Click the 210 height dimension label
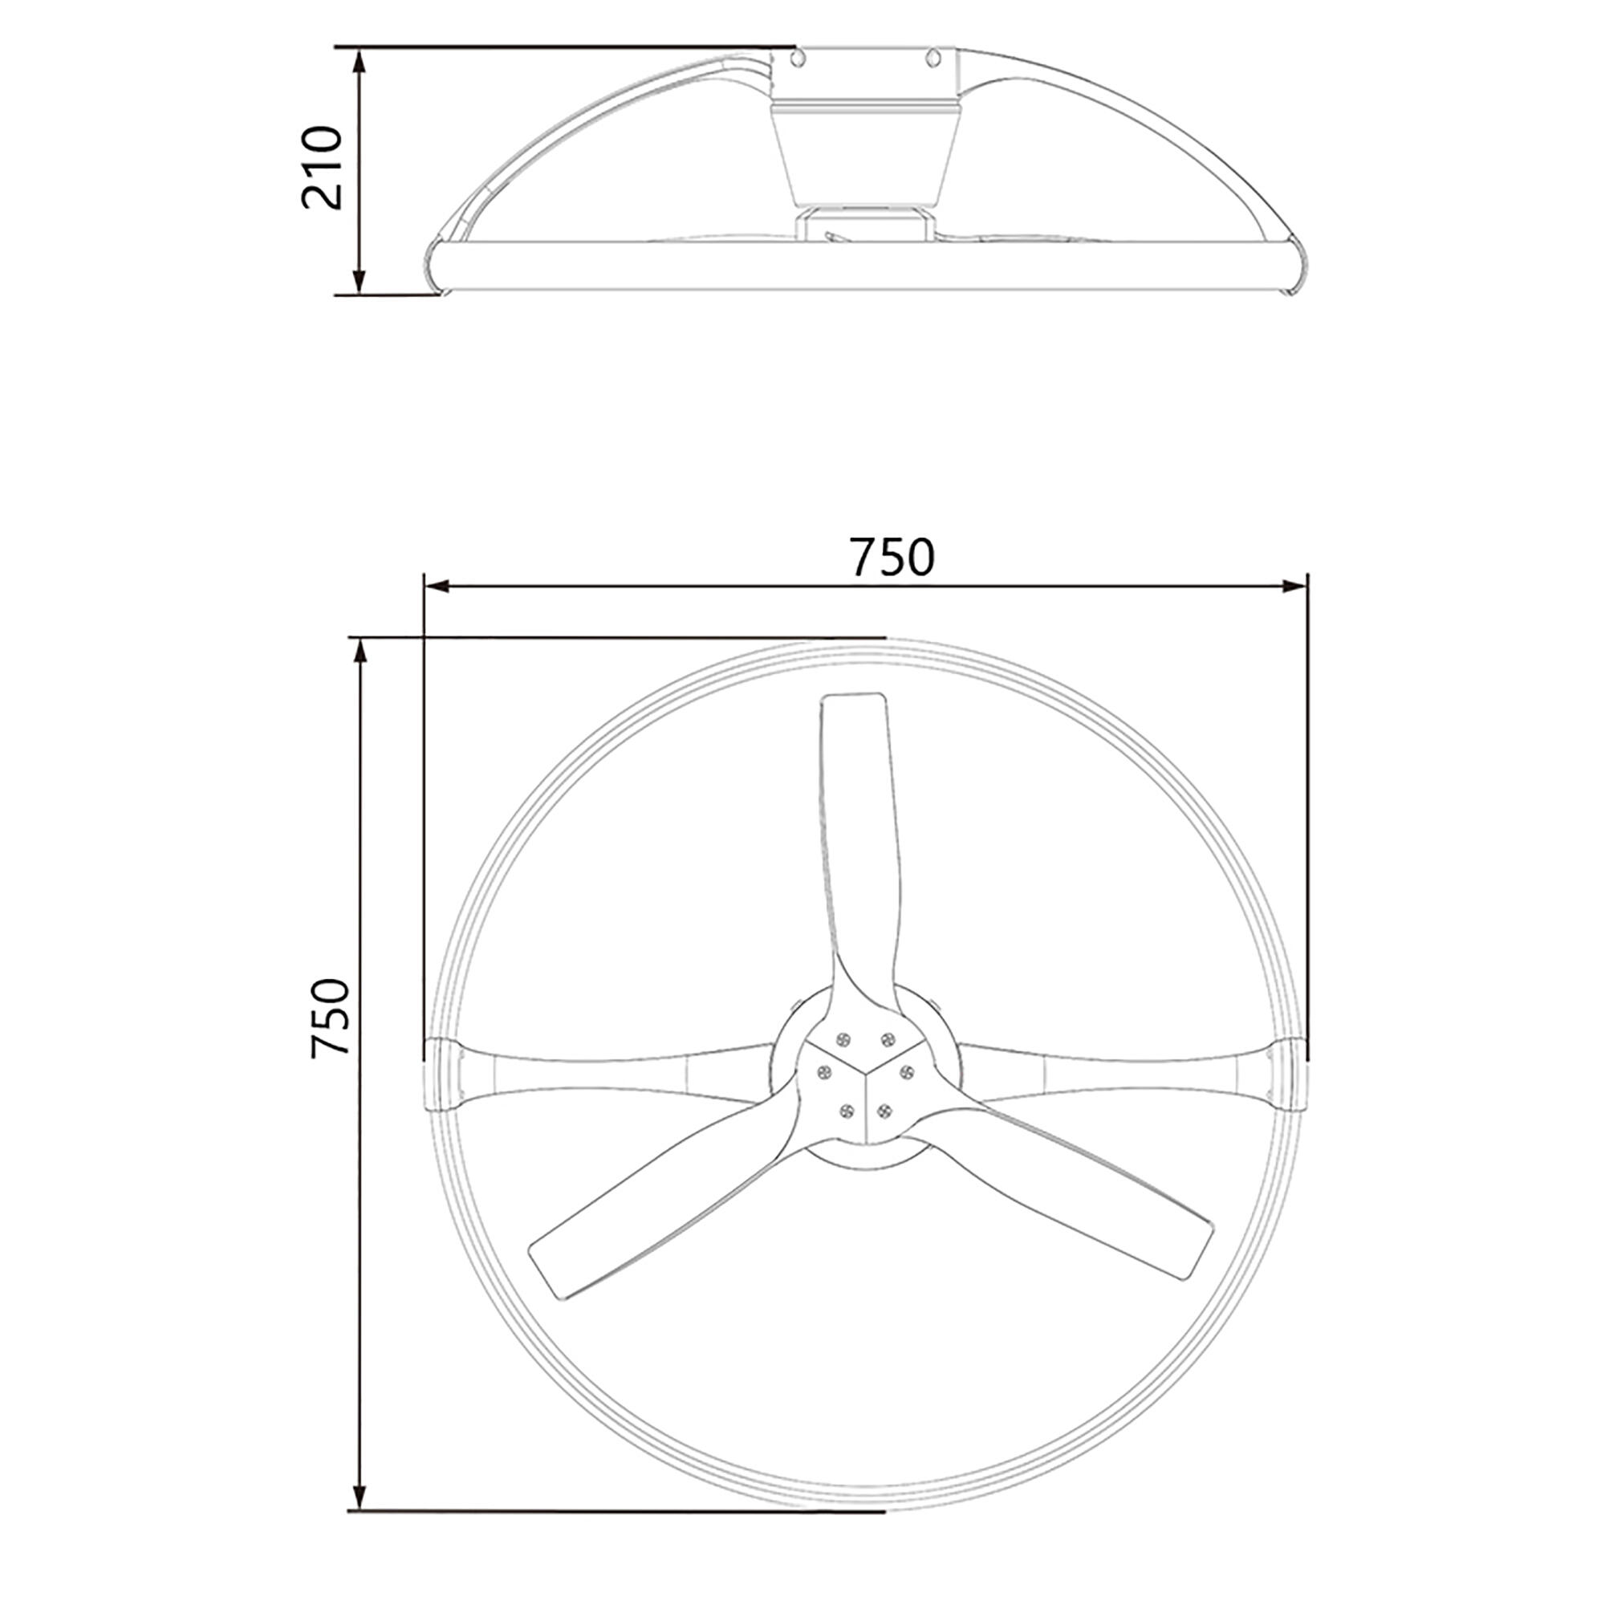(x=323, y=169)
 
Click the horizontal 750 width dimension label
(x=892, y=557)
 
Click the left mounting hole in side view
(x=799, y=56)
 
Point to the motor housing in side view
(x=866, y=154)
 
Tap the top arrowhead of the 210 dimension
(x=359, y=60)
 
